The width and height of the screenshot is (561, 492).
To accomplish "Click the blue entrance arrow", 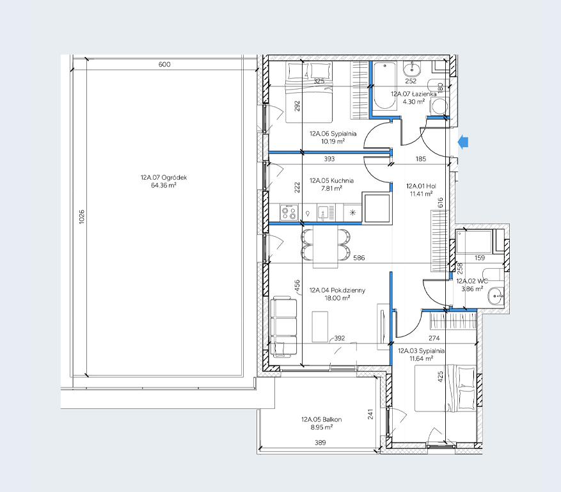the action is tap(463, 142).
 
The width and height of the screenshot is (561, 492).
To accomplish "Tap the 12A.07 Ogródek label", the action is tap(164, 177).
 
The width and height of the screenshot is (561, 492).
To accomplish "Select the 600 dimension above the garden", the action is tap(164, 65).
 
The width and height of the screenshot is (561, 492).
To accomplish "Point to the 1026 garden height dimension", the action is tap(82, 217).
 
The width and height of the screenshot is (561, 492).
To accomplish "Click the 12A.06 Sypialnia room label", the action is tap(333, 134).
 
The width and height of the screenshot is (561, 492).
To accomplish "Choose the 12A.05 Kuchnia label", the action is tap(331, 180).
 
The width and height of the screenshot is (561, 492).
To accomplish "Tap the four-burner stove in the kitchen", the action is tap(289, 212).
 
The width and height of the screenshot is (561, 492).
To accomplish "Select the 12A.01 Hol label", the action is tap(421, 186).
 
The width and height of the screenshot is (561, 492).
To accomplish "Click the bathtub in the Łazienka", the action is tap(385, 85).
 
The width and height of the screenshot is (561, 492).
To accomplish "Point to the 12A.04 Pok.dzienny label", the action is tap(337, 290).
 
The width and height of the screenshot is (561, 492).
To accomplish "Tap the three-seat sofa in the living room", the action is tap(283, 327).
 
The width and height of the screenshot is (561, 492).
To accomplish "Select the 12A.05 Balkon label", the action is tap(321, 419).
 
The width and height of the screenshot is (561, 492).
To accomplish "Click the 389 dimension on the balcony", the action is tap(320, 443).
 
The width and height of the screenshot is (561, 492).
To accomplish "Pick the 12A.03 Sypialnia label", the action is tap(421, 351).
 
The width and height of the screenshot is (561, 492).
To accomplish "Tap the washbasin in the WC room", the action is tap(496, 296).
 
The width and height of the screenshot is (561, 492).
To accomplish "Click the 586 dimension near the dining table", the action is tap(359, 258).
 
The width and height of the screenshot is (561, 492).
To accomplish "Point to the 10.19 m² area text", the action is tap(333, 141).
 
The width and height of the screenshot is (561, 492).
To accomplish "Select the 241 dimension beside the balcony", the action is tap(370, 415).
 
